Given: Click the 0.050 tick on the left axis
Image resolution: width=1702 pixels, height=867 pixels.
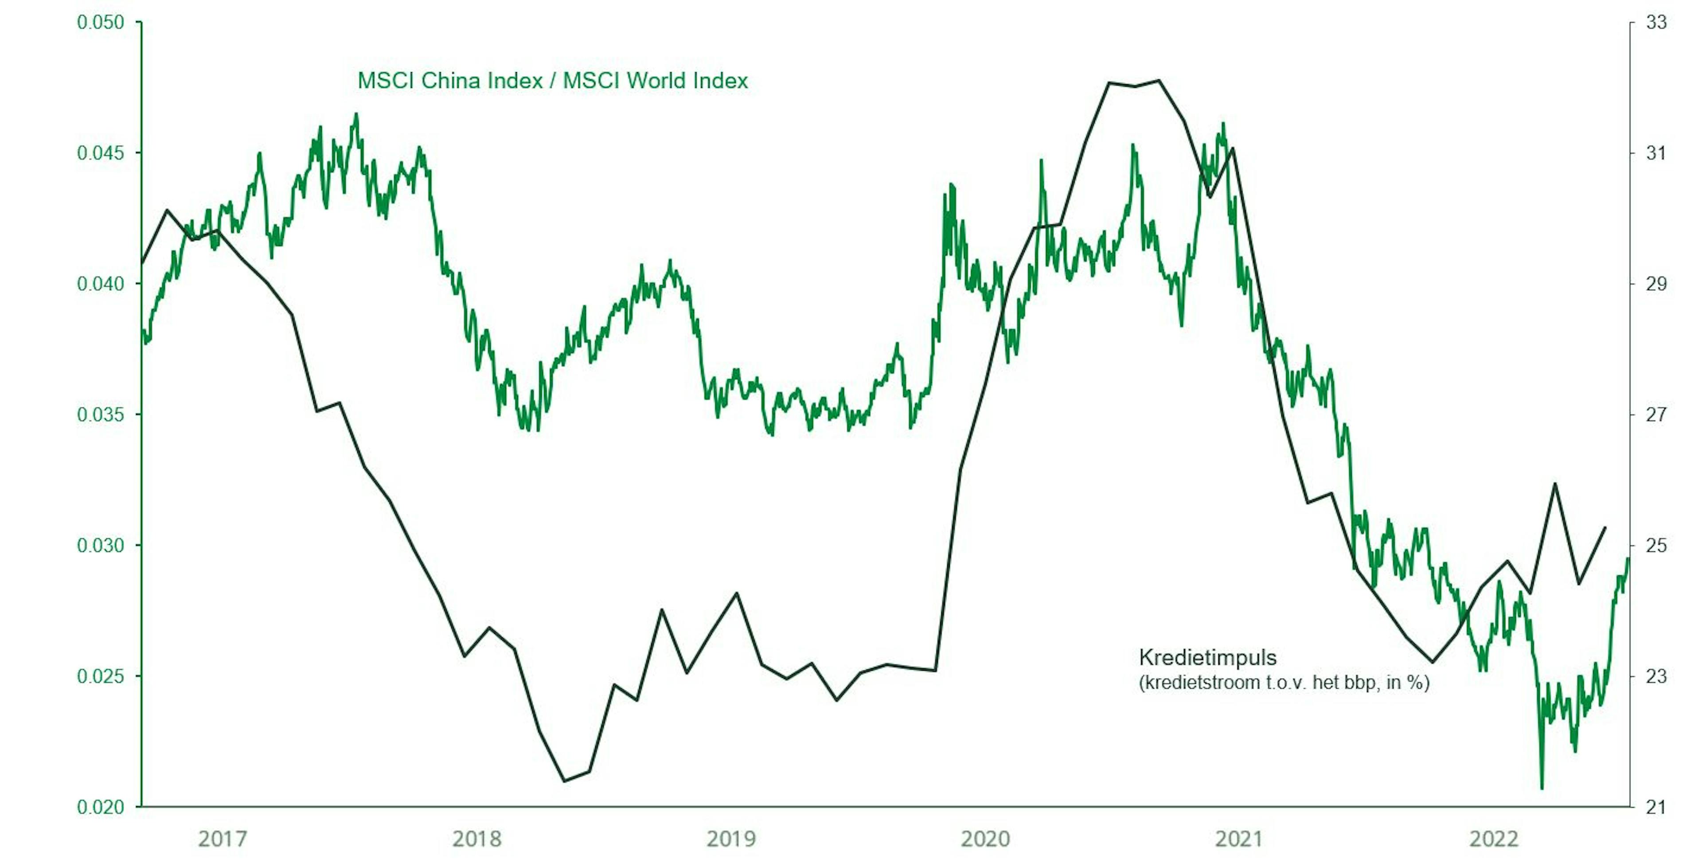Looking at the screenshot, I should point(101,23).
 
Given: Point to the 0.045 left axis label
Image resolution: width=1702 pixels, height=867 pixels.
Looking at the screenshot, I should point(101,153).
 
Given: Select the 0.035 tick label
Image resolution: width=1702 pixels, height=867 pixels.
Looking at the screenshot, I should point(101,415).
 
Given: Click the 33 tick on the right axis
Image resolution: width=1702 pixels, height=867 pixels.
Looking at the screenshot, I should point(1656,23).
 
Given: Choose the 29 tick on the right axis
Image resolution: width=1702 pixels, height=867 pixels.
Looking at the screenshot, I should point(1656,284).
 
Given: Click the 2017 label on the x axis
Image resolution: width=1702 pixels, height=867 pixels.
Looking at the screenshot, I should point(223,839).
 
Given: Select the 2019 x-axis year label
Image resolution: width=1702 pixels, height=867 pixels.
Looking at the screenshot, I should point(731,839).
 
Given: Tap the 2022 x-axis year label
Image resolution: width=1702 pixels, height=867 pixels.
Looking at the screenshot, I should point(1494,839).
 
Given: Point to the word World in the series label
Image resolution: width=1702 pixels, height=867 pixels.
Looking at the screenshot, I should point(654,81).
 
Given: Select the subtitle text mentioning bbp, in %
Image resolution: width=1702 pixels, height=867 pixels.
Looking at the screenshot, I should point(1284,683).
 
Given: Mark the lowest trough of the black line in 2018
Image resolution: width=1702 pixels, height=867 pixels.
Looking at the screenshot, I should point(564,781).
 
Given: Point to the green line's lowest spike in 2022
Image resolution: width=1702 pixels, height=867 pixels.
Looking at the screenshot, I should point(1542,788).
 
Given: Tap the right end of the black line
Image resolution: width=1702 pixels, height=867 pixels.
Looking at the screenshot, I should point(1605,527).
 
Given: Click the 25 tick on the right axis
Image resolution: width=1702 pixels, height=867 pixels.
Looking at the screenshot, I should point(1656,546).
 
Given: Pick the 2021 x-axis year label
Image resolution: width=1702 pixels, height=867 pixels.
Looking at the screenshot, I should point(1240,839).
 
